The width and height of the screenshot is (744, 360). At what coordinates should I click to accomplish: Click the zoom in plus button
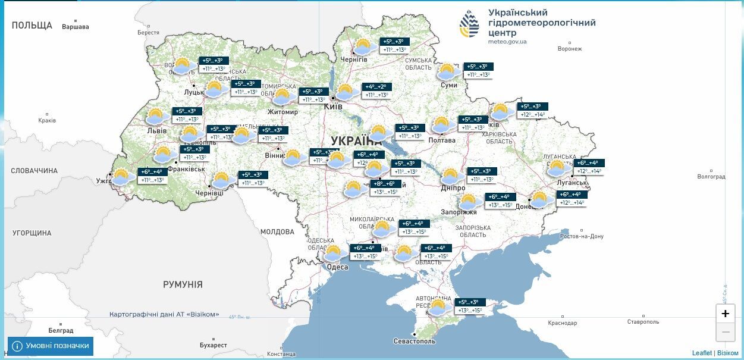pyautogui.click(x=725, y=314)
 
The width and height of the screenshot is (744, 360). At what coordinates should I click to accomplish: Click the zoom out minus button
pyautogui.click(x=725, y=332)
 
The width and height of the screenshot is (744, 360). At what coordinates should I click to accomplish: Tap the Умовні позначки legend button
pyautogui.click(x=51, y=346)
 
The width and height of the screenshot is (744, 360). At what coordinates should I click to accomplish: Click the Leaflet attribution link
pyautogui.click(x=702, y=353)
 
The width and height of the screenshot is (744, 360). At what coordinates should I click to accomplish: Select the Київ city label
pyautogui.click(x=333, y=107)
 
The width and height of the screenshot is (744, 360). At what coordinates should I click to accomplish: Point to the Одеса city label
pyautogui.click(x=337, y=267)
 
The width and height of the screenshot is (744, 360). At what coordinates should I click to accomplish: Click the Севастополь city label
pyautogui.click(x=415, y=341)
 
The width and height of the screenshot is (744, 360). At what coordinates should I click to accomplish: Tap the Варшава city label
pyautogui.click(x=76, y=27)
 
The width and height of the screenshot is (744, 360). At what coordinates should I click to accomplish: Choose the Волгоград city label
pyautogui.click(x=711, y=177)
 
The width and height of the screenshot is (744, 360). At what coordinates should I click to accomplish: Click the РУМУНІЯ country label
pyautogui.click(x=183, y=284)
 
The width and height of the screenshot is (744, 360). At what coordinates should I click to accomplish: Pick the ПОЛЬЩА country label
pyautogui.click(x=32, y=26)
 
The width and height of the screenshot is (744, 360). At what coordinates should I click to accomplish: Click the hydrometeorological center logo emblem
pyautogui.click(x=469, y=24)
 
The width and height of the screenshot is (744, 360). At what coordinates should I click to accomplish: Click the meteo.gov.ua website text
pyautogui.click(x=507, y=42)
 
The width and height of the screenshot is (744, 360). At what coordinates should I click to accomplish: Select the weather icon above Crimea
pyautogui.click(x=438, y=308)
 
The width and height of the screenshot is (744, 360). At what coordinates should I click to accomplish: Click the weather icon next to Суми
pyautogui.click(x=447, y=72)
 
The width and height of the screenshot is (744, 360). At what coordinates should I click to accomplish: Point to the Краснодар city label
pyautogui.click(x=562, y=323)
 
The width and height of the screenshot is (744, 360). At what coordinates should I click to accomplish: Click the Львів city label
pyautogui.click(x=157, y=131)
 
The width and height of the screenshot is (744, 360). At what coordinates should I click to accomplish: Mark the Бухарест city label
pyautogui.click(x=214, y=345)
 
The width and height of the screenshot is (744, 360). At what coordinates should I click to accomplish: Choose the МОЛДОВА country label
pyautogui.click(x=277, y=231)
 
